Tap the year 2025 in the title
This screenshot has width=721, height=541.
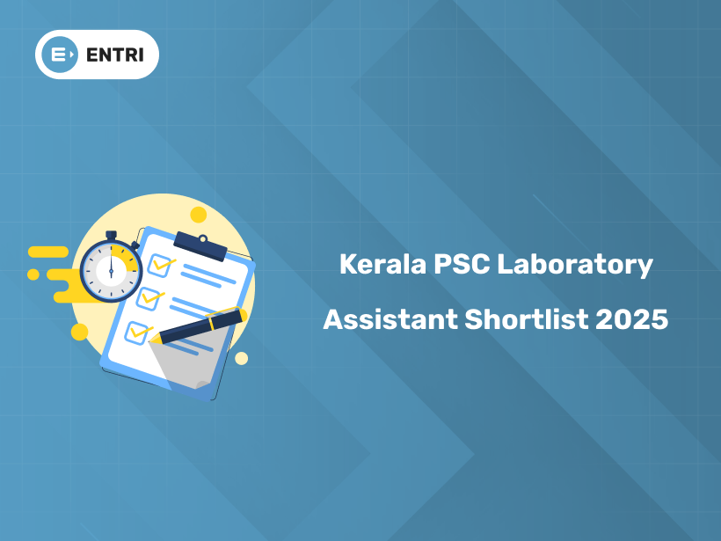click(631, 318)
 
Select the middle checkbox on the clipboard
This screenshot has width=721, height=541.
click(149, 296)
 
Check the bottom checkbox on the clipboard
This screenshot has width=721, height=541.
click(138, 333)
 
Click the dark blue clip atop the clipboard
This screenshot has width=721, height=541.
click(200, 244)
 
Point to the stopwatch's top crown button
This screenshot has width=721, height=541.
click(112, 234)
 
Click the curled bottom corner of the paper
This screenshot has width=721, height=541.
click(200, 383)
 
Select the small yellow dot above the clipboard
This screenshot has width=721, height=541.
click(199, 215)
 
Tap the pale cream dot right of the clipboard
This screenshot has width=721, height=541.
click(241, 358)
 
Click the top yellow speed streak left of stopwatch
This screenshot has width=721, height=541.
click(49, 252)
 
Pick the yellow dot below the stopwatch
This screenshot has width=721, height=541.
click(80, 332)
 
